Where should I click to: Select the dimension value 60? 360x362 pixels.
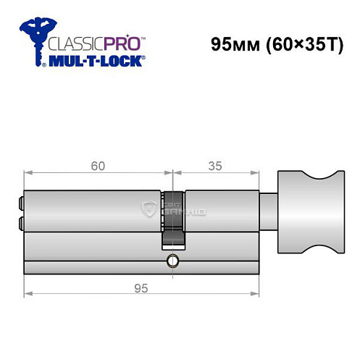(99, 166)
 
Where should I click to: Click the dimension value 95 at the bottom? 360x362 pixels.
(141, 288)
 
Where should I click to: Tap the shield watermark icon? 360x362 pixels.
(151, 209)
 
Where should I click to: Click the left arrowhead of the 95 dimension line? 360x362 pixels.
(27, 294)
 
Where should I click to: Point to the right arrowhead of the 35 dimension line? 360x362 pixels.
(256, 172)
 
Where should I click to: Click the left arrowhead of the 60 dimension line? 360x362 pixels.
(27, 172)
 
